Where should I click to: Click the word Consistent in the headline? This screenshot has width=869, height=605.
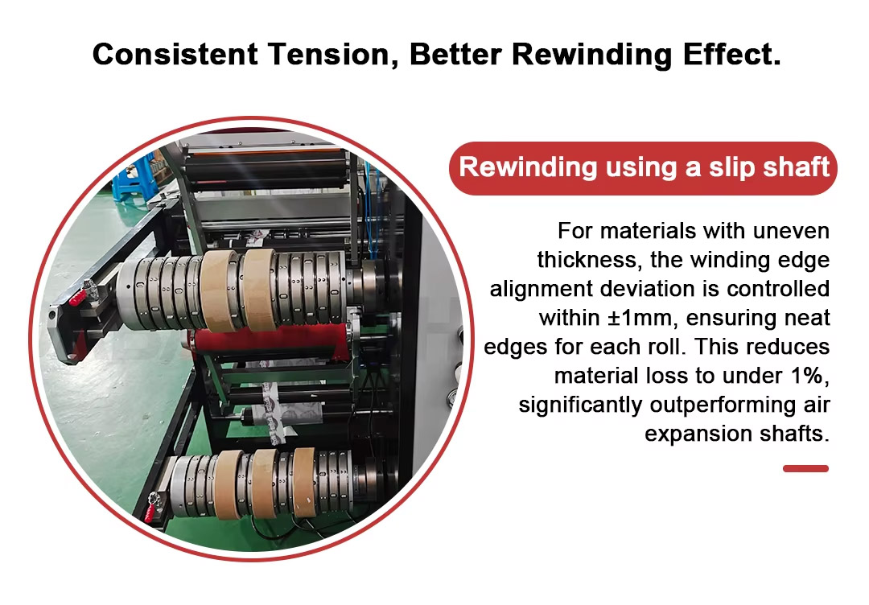tap(175, 54)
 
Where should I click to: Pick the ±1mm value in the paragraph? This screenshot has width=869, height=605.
tap(640, 318)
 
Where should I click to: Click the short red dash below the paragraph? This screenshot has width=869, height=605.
tap(805, 469)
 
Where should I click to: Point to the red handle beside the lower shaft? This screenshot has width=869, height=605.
tap(150, 512)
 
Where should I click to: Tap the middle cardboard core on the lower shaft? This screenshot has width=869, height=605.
tap(265, 484)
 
